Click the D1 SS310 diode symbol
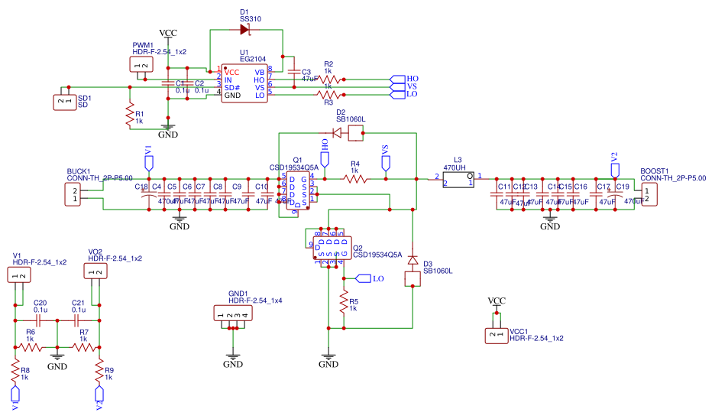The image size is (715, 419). click(x=245, y=30)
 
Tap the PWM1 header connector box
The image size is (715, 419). click(x=141, y=66)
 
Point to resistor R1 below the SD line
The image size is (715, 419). click(x=129, y=116)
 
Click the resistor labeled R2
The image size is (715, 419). click(x=329, y=79)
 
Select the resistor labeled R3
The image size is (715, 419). click(x=329, y=95)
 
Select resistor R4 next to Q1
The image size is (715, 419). click(x=355, y=179)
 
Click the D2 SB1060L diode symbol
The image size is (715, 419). click(x=338, y=133)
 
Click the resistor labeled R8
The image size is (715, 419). click(x=14, y=372)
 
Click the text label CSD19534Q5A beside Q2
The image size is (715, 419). click(x=377, y=255)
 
